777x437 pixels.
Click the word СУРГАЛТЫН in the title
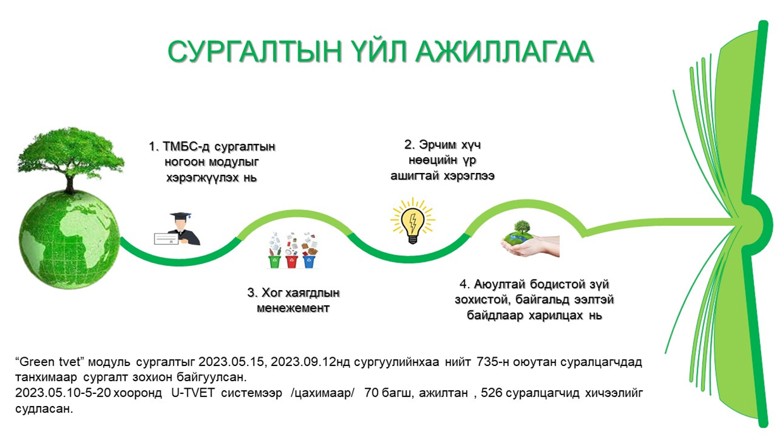click(255, 52)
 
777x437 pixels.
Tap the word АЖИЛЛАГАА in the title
click(505, 52)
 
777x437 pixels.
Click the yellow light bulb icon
click(412, 220)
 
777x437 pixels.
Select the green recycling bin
click(274, 261)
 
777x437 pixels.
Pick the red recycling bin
click(292, 261)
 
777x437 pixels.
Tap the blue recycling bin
click(309, 261)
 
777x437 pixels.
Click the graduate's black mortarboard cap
click(180, 216)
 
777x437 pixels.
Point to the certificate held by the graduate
click(166, 239)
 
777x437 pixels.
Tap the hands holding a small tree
click(531, 244)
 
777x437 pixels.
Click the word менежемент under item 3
click(293, 308)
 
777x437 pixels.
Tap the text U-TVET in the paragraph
click(193, 393)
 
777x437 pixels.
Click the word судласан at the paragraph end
click(44, 409)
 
